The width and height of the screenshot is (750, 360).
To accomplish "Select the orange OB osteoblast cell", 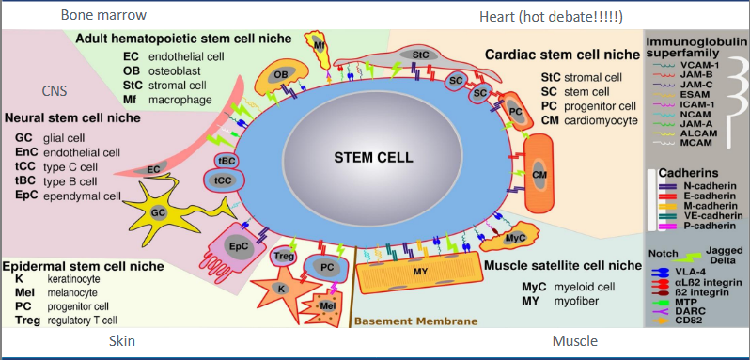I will (281, 74).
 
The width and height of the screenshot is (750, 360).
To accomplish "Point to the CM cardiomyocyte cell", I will (539, 175).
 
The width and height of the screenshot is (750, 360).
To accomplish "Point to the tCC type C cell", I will (224, 180).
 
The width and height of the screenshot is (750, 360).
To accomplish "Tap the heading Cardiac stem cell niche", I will (560, 56).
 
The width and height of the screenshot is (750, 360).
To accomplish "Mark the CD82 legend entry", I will (695, 319).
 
